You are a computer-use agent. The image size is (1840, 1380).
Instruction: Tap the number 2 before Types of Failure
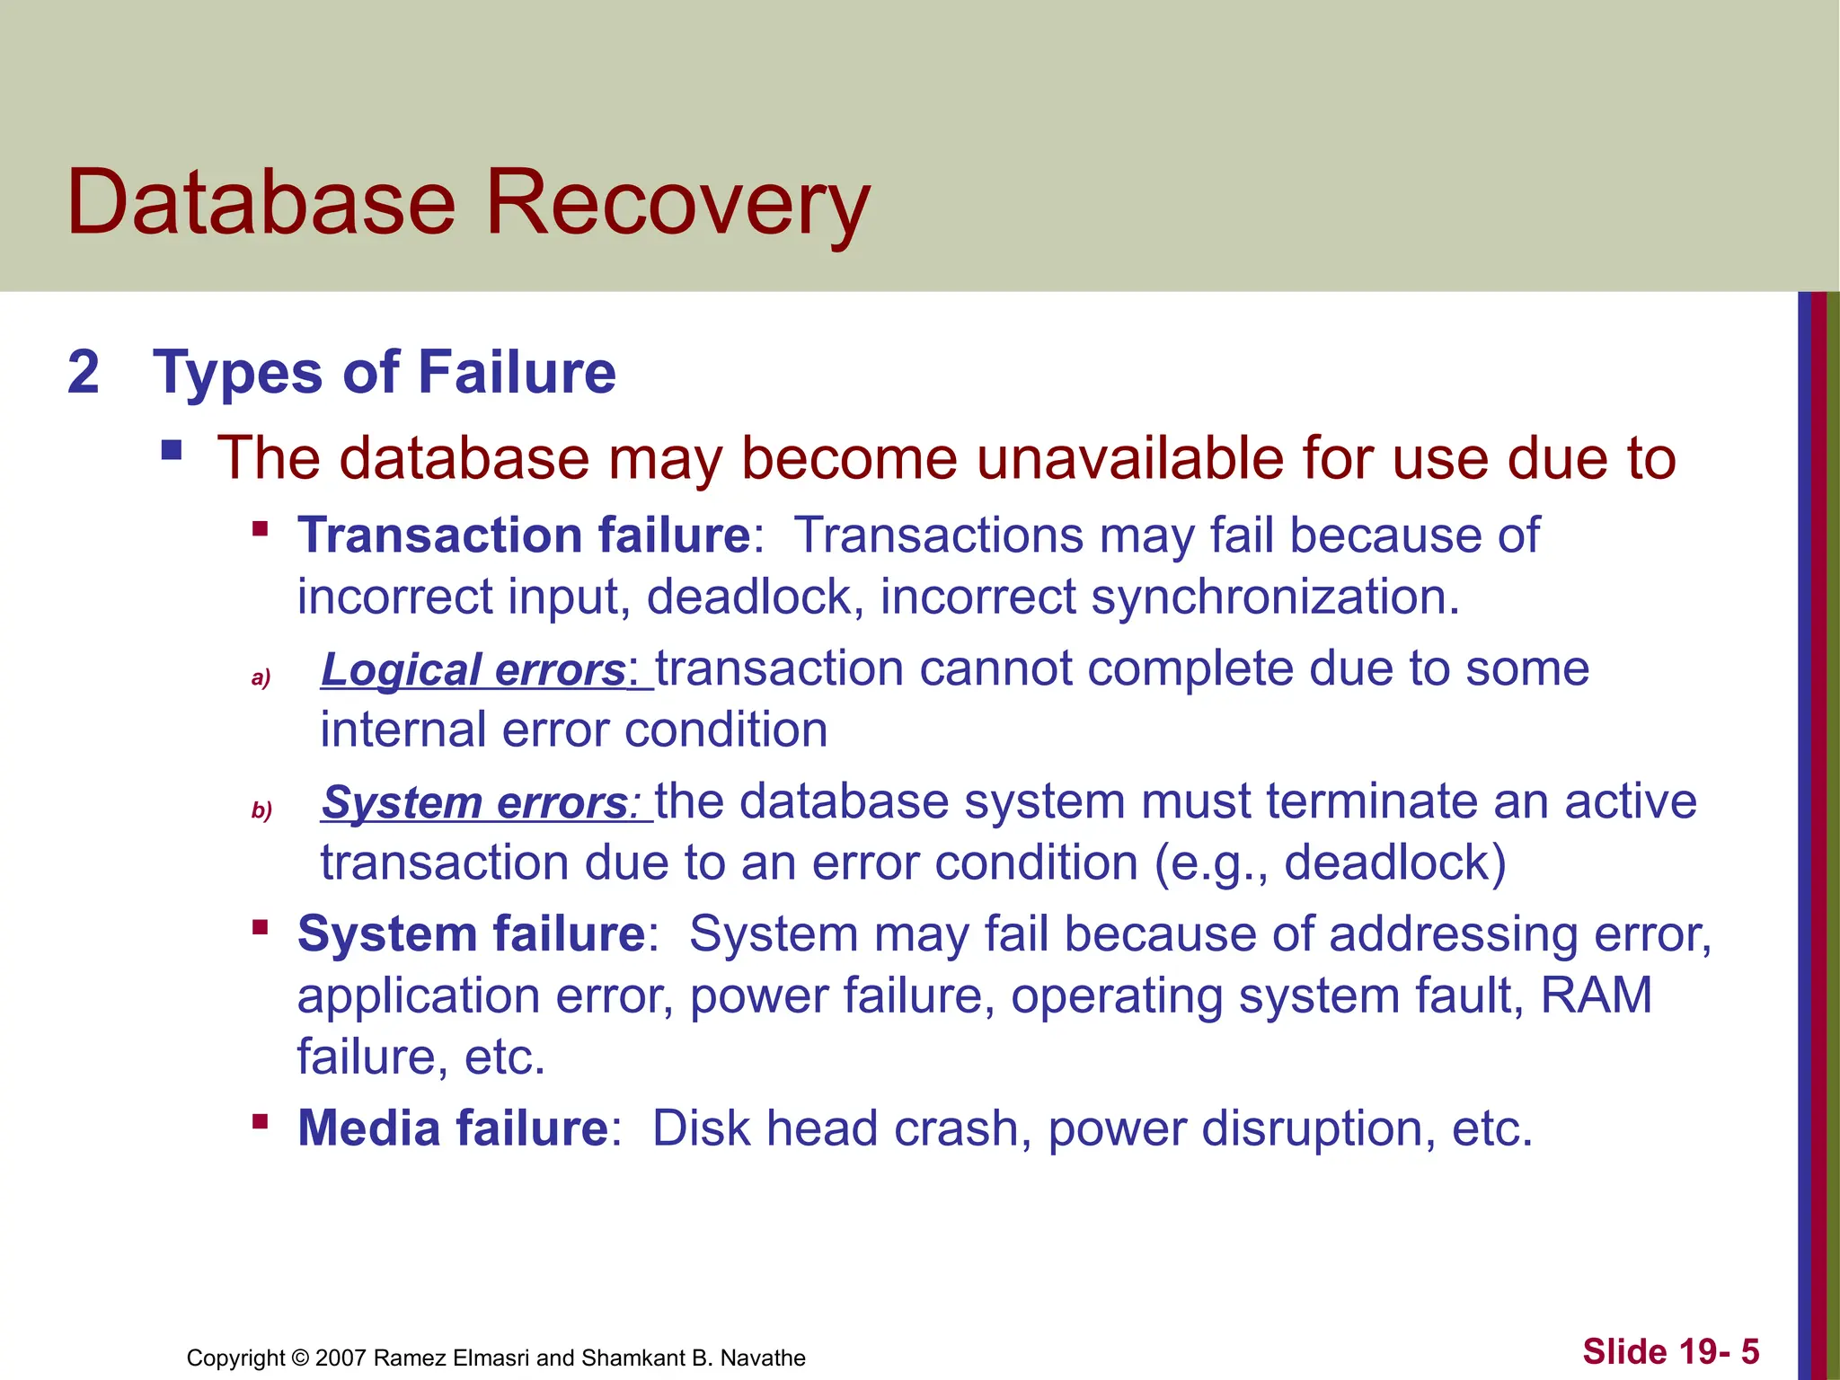coord(84,372)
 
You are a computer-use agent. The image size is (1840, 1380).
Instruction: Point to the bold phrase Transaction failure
coord(524,535)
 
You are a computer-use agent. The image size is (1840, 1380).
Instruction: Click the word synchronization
coord(1275,597)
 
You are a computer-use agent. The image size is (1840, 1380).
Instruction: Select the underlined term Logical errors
coord(473,669)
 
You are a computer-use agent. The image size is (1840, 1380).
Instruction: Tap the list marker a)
coord(261,677)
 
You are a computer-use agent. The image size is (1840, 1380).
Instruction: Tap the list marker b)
coord(261,810)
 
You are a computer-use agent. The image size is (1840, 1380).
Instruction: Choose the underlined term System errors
coord(475,802)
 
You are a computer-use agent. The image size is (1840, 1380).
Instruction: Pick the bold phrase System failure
coord(472,934)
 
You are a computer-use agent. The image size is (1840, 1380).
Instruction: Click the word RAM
coord(1597,995)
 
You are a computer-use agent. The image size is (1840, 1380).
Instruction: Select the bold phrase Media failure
coord(454,1128)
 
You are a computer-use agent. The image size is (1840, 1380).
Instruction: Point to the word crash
coord(962,1128)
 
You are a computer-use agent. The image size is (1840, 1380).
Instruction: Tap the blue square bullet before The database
coord(172,449)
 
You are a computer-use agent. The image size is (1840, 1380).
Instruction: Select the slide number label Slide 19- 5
coord(1670,1351)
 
